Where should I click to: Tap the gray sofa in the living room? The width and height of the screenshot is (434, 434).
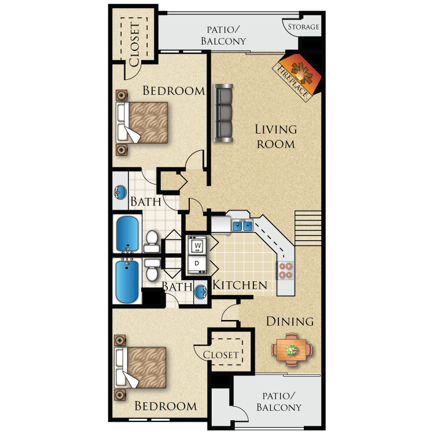(x=223, y=113)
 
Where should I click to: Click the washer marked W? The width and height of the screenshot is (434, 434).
(x=197, y=245)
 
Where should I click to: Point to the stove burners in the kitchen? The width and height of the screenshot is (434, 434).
(x=286, y=270)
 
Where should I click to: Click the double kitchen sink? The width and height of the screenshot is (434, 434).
(x=242, y=226)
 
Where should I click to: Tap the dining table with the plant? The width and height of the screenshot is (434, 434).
(x=292, y=350)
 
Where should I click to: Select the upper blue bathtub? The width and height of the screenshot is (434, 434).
(x=127, y=233)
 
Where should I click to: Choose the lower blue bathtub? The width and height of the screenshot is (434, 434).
(x=127, y=282)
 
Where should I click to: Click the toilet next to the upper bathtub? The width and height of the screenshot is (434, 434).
(x=152, y=240)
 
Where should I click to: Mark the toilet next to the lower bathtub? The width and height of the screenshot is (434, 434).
(x=152, y=270)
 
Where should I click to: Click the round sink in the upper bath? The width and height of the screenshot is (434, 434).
(x=120, y=192)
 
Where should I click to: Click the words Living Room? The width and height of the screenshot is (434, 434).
(x=276, y=137)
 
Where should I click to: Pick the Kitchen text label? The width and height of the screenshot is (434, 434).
(x=240, y=285)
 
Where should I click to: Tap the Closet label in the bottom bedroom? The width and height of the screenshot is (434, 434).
(x=221, y=354)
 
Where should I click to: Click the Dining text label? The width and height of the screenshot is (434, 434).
(x=290, y=321)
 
